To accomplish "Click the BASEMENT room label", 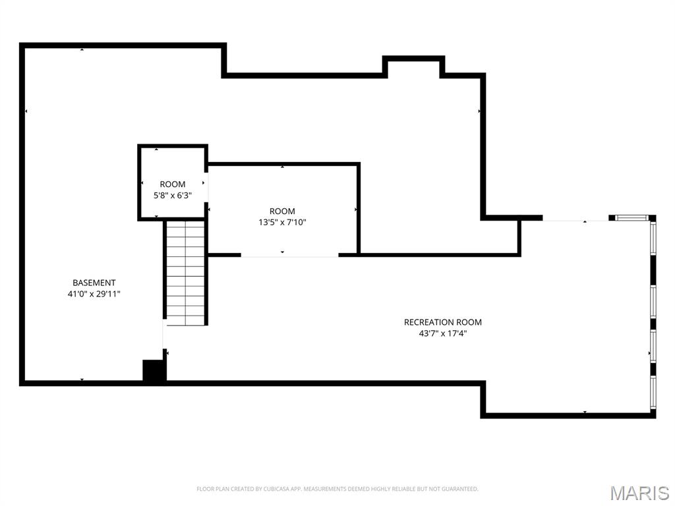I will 94,283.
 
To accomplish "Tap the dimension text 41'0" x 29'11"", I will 94,294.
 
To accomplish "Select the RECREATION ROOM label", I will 442,322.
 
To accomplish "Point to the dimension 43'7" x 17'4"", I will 442,333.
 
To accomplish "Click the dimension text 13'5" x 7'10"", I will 282,222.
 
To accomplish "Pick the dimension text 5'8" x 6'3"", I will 173,195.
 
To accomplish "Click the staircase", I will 185,271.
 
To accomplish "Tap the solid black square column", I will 154,370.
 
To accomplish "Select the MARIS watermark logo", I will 639,493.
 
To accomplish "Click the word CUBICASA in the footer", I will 260,489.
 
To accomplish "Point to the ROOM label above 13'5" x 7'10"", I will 282,211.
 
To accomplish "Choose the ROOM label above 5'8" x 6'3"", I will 173,184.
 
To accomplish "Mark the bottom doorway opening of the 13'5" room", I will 289,255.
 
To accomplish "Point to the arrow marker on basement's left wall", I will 26,111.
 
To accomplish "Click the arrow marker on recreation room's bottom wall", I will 585,412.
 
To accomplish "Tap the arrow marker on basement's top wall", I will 82,50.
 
